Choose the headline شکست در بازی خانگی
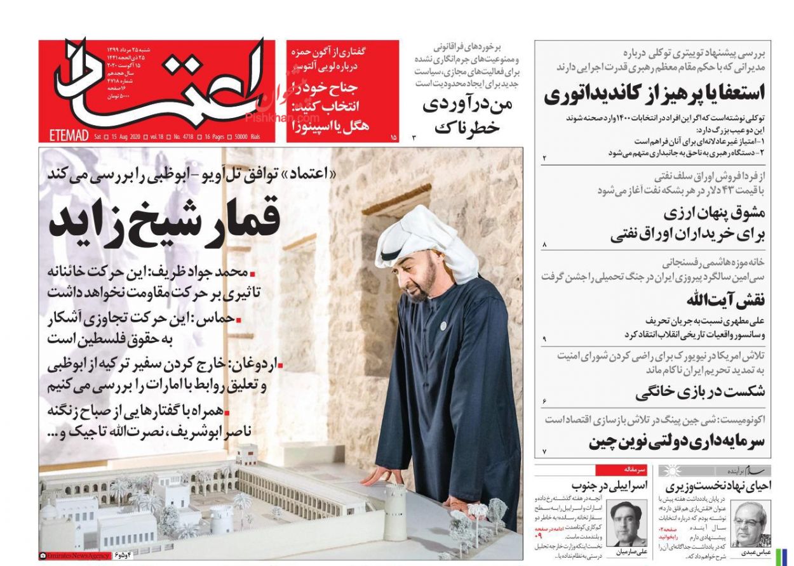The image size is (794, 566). coord(699,392)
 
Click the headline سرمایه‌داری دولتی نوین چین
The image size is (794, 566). coord(676,442)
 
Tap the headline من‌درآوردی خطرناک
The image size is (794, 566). coord(467,115)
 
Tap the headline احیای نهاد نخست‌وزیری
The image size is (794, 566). coord(718,487)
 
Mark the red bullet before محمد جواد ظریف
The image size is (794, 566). coord(252,274)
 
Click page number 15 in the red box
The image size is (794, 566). coord(393,136)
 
